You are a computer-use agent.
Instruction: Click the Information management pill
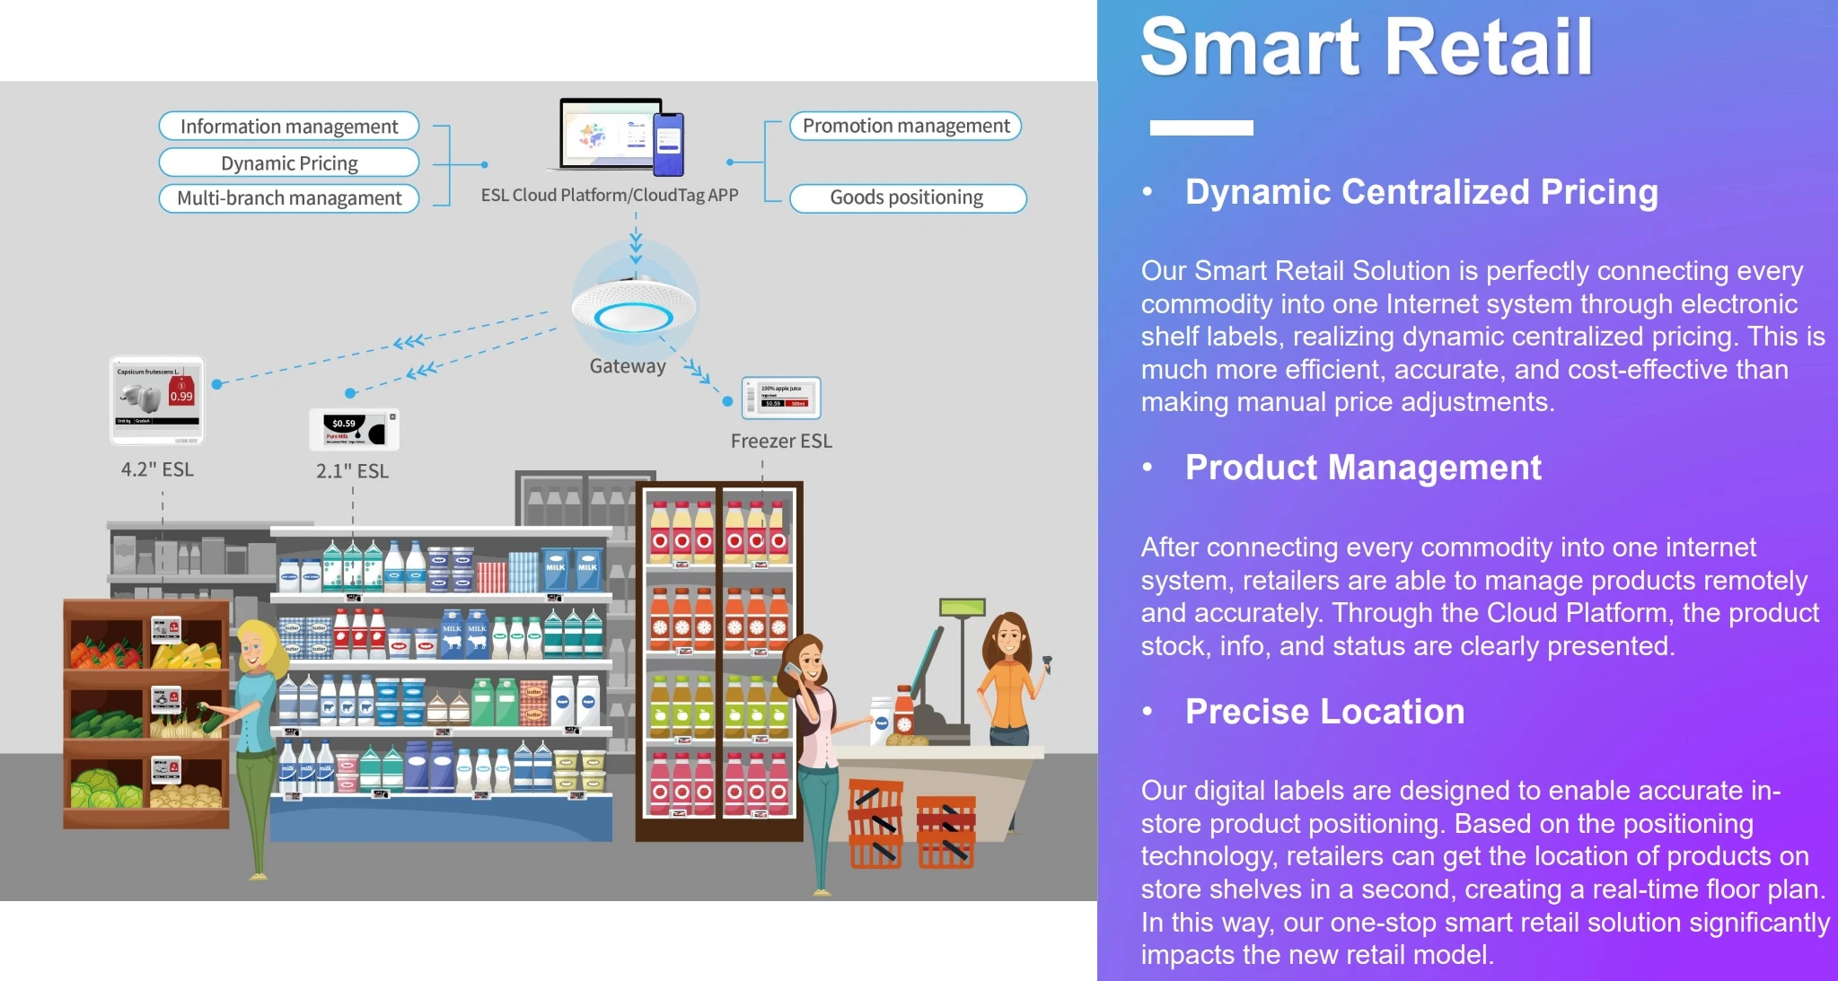(288, 127)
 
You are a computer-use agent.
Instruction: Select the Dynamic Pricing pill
(288, 163)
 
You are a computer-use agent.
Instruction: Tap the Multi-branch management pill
(288, 198)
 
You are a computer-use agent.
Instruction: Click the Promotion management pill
(905, 126)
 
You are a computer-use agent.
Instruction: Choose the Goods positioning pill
(907, 197)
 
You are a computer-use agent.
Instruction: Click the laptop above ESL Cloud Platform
(606, 136)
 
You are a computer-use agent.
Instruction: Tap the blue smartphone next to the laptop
(668, 144)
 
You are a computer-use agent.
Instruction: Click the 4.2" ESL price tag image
(157, 400)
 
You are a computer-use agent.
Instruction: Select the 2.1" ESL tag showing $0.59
(354, 429)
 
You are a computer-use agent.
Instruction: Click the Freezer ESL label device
(780, 398)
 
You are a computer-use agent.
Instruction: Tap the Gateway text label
(627, 366)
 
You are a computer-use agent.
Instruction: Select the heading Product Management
(1362, 468)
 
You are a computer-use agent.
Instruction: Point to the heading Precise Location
(1324, 712)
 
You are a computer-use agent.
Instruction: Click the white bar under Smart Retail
(1200, 127)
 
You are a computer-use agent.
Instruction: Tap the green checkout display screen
(963, 608)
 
